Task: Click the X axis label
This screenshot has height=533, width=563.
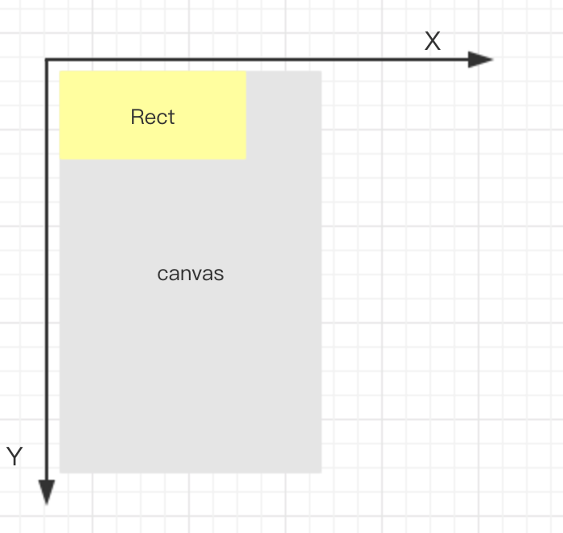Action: coord(433,42)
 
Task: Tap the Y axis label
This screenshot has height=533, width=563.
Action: coord(14,457)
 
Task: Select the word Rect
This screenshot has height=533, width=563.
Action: coord(152,118)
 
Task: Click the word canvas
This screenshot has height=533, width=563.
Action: coord(190,274)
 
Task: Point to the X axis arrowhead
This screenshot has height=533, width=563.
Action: coord(480,59)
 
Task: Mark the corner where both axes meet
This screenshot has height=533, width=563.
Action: coord(47,60)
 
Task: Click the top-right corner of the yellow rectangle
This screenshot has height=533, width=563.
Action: coord(245,72)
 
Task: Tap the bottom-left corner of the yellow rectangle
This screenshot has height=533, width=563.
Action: coord(60,159)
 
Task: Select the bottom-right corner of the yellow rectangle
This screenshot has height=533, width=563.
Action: coord(245,159)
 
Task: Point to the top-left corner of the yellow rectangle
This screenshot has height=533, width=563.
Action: coord(60,72)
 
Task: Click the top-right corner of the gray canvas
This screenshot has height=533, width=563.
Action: coord(321,72)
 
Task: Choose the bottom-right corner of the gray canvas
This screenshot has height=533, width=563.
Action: coord(321,472)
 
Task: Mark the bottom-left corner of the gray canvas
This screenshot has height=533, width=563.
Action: coord(60,472)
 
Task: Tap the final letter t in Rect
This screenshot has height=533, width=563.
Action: coord(171,118)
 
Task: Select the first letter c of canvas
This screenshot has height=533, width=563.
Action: coord(162,275)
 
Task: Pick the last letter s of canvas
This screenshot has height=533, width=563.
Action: coord(220,275)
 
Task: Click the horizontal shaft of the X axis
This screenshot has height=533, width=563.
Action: coord(257,60)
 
